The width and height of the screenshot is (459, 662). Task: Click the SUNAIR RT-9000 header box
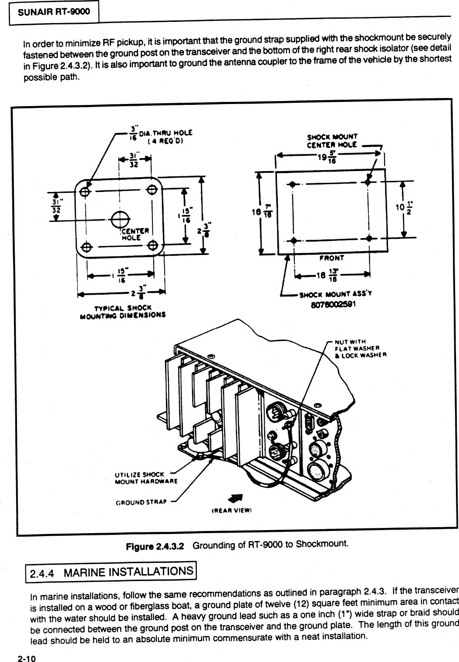(54, 12)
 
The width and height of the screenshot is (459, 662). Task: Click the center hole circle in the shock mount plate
(119, 219)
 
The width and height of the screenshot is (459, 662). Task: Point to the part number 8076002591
(334, 305)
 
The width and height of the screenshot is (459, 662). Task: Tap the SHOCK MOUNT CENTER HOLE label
(332, 141)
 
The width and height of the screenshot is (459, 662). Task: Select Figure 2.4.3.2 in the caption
(155, 545)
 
